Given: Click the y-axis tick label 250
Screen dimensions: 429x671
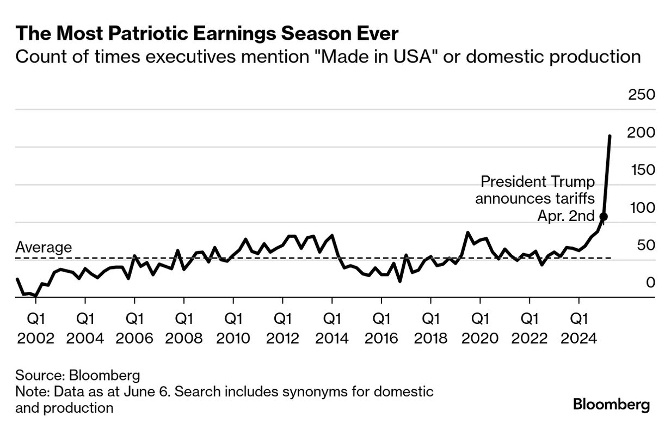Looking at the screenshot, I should pos(642,95).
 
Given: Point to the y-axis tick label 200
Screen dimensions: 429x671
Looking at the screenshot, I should pos(642,133).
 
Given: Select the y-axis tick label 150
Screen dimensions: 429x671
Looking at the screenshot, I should pos(642,170).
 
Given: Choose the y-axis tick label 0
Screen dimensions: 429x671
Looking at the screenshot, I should pos(650,283).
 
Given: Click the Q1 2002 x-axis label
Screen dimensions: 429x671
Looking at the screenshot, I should pos(36,328).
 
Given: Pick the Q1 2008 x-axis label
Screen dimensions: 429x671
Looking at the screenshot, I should pos(184,328).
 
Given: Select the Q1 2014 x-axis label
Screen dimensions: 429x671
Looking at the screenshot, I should pos(332,328).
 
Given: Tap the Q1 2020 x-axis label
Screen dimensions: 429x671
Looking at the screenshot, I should pos(480,328).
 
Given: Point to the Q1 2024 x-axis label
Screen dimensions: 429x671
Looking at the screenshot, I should pos(578,328).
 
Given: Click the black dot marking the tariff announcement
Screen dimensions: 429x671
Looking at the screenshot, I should pos(603,217).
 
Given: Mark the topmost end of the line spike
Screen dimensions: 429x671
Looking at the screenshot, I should pos(610,136).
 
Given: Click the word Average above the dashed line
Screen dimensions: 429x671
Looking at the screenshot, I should pos(44,247).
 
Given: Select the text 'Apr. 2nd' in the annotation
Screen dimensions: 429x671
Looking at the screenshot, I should pos(566,216).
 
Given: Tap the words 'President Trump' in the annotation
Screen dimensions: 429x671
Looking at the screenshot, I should pos(538,181).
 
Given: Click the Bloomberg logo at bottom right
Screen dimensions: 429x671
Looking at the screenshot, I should pos(611,405).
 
